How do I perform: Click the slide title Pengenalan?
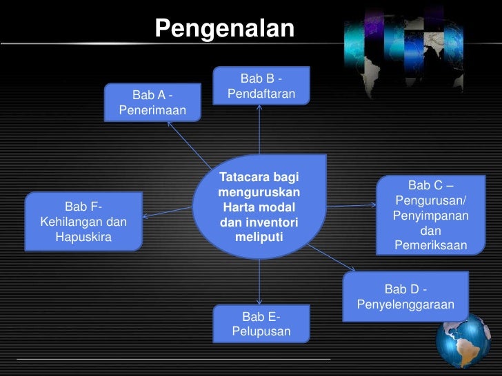(x=225, y=29)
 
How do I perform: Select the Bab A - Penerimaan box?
(x=152, y=102)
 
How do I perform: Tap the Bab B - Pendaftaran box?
(x=261, y=85)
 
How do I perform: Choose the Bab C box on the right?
(x=430, y=215)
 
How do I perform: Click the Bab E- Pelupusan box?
(x=261, y=324)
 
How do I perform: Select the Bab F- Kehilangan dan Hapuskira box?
(x=83, y=222)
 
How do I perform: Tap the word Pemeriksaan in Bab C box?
(x=430, y=246)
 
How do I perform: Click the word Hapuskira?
(x=83, y=238)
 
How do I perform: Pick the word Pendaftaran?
(x=261, y=93)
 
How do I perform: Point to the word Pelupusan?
(x=261, y=333)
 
